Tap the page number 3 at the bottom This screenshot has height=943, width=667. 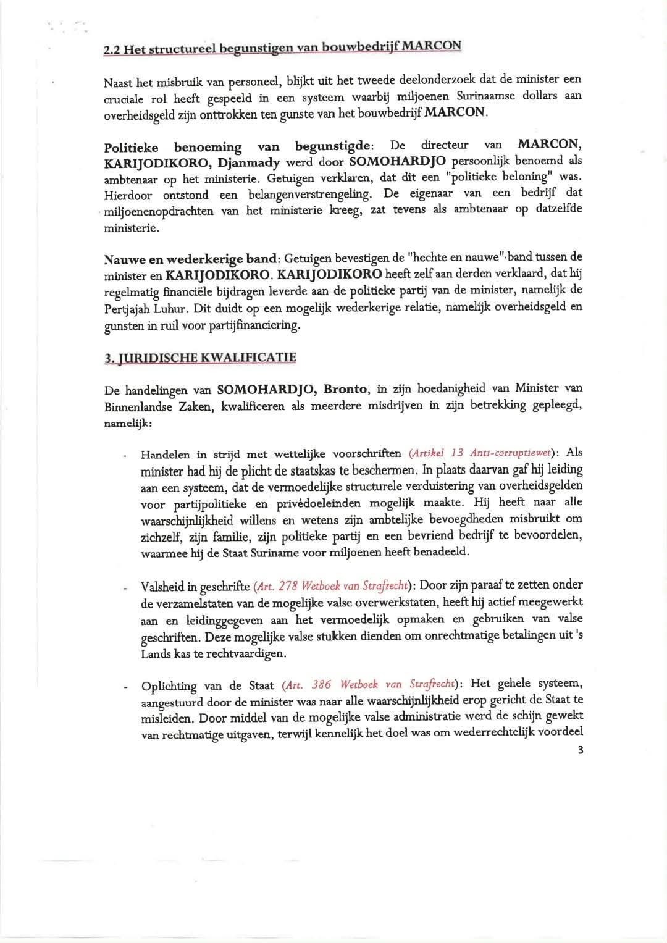pos(580,750)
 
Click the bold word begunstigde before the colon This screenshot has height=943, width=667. pos(332,146)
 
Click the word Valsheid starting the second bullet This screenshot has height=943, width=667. pos(163,585)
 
